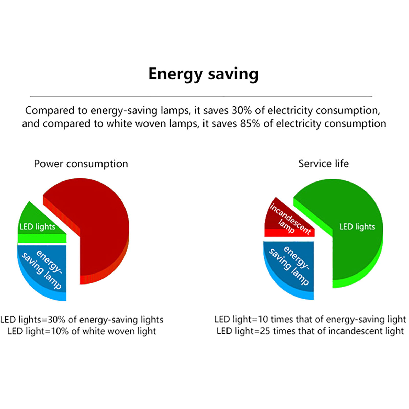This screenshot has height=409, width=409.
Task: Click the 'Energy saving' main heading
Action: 203,74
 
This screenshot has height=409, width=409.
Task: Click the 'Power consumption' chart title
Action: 81,164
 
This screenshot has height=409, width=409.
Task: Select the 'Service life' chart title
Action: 323,164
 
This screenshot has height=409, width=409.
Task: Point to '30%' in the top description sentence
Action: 242,111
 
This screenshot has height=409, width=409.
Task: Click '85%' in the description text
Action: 250,124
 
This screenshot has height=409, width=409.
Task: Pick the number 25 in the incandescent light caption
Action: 265,331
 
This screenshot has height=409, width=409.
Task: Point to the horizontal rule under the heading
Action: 201,97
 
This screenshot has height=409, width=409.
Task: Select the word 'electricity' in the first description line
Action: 290,111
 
